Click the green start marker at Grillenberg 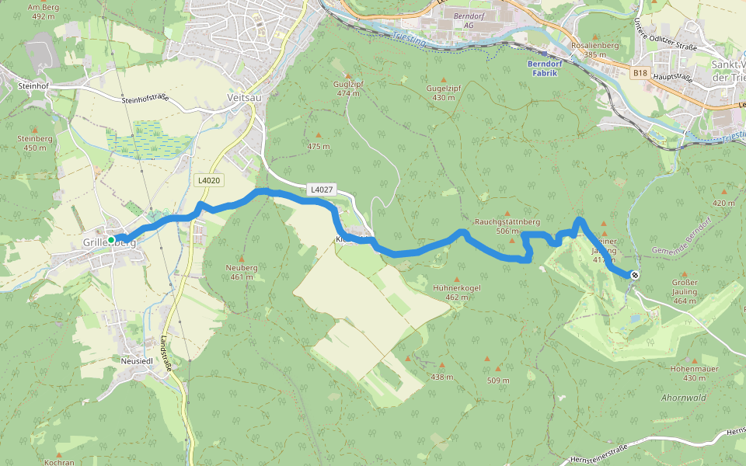112,240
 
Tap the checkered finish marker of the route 635,274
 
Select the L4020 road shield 209,180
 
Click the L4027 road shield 321,189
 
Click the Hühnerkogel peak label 457,292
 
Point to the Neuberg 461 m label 242,272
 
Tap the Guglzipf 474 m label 349,88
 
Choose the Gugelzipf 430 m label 444,92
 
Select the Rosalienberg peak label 594,50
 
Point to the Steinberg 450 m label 34,142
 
